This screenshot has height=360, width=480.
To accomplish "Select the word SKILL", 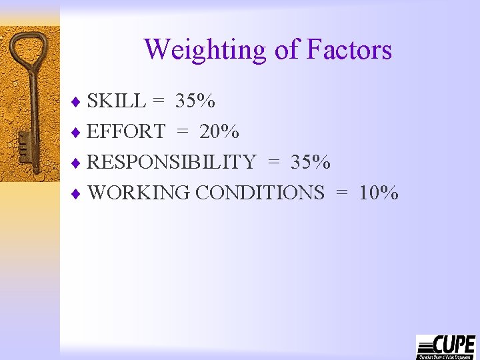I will click(x=117, y=101).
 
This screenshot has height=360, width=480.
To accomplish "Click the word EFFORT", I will click(x=126, y=131).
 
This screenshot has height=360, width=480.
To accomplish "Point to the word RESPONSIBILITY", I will click(x=172, y=162).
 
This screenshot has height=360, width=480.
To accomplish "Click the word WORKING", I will click(x=139, y=193).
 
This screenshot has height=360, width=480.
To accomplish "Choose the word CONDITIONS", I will click(x=260, y=193).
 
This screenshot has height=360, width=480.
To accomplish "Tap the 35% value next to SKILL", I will click(x=195, y=101).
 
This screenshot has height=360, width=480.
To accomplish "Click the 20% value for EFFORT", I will click(x=219, y=131).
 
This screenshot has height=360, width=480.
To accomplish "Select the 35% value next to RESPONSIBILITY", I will click(x=311, y=162).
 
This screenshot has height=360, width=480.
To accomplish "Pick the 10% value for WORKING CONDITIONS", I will click(x=379, y=193).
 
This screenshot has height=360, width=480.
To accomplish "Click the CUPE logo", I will click(x=445, y=347).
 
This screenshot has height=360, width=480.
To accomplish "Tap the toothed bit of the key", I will click(x=24, y=143).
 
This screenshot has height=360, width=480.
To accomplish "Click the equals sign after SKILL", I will click(x=158, y=101).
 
